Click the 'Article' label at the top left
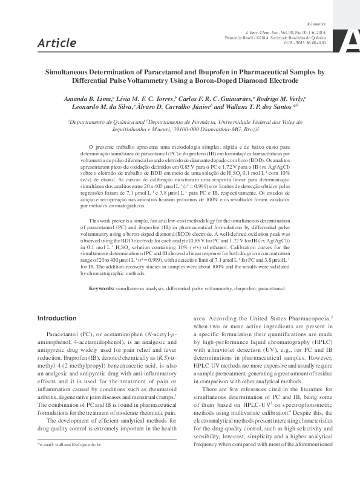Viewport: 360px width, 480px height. pos(57,42)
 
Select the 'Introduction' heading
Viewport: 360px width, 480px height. pos(57,318)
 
